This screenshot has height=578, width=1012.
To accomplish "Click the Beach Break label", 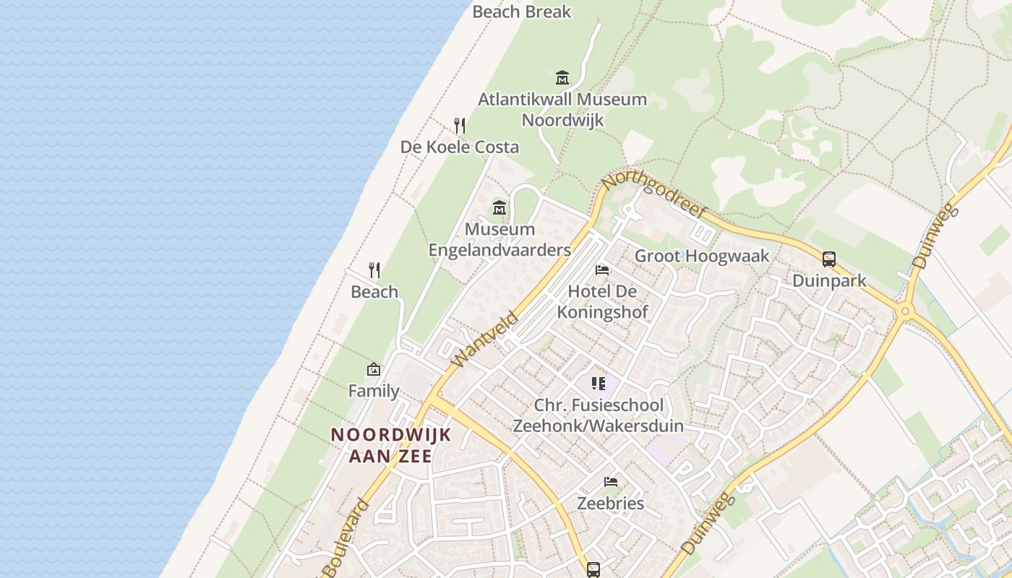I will (x=521, y=12).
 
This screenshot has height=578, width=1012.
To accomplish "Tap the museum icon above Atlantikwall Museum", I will (x=562, y=77).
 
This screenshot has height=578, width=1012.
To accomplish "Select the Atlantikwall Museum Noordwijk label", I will (x=562, y=109).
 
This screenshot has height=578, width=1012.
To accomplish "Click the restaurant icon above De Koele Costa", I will (x=459, y=126).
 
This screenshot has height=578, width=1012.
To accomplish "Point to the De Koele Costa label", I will (x=460, y=147).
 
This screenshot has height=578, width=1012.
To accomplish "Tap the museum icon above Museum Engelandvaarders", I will (x=499, y=208).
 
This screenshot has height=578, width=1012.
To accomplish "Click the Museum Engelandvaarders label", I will (x=499, y=239).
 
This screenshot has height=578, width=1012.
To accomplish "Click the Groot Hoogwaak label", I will (x=702, y=256).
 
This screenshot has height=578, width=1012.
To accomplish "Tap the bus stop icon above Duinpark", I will (x=829, y=259).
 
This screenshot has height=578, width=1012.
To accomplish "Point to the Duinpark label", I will (x=829, y=280).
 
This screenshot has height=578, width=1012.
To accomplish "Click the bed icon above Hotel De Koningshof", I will (x=601, y=270).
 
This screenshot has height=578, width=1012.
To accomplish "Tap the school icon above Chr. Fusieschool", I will (x=598, y=384).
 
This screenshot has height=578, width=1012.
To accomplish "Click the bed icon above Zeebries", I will (x=611, y=482).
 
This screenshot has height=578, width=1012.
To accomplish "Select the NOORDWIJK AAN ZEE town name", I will (x=391, y=445).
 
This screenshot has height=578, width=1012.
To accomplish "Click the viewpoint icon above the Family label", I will (x=373, y=369).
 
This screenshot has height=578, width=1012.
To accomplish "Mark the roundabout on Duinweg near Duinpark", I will (x=904, y=311).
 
